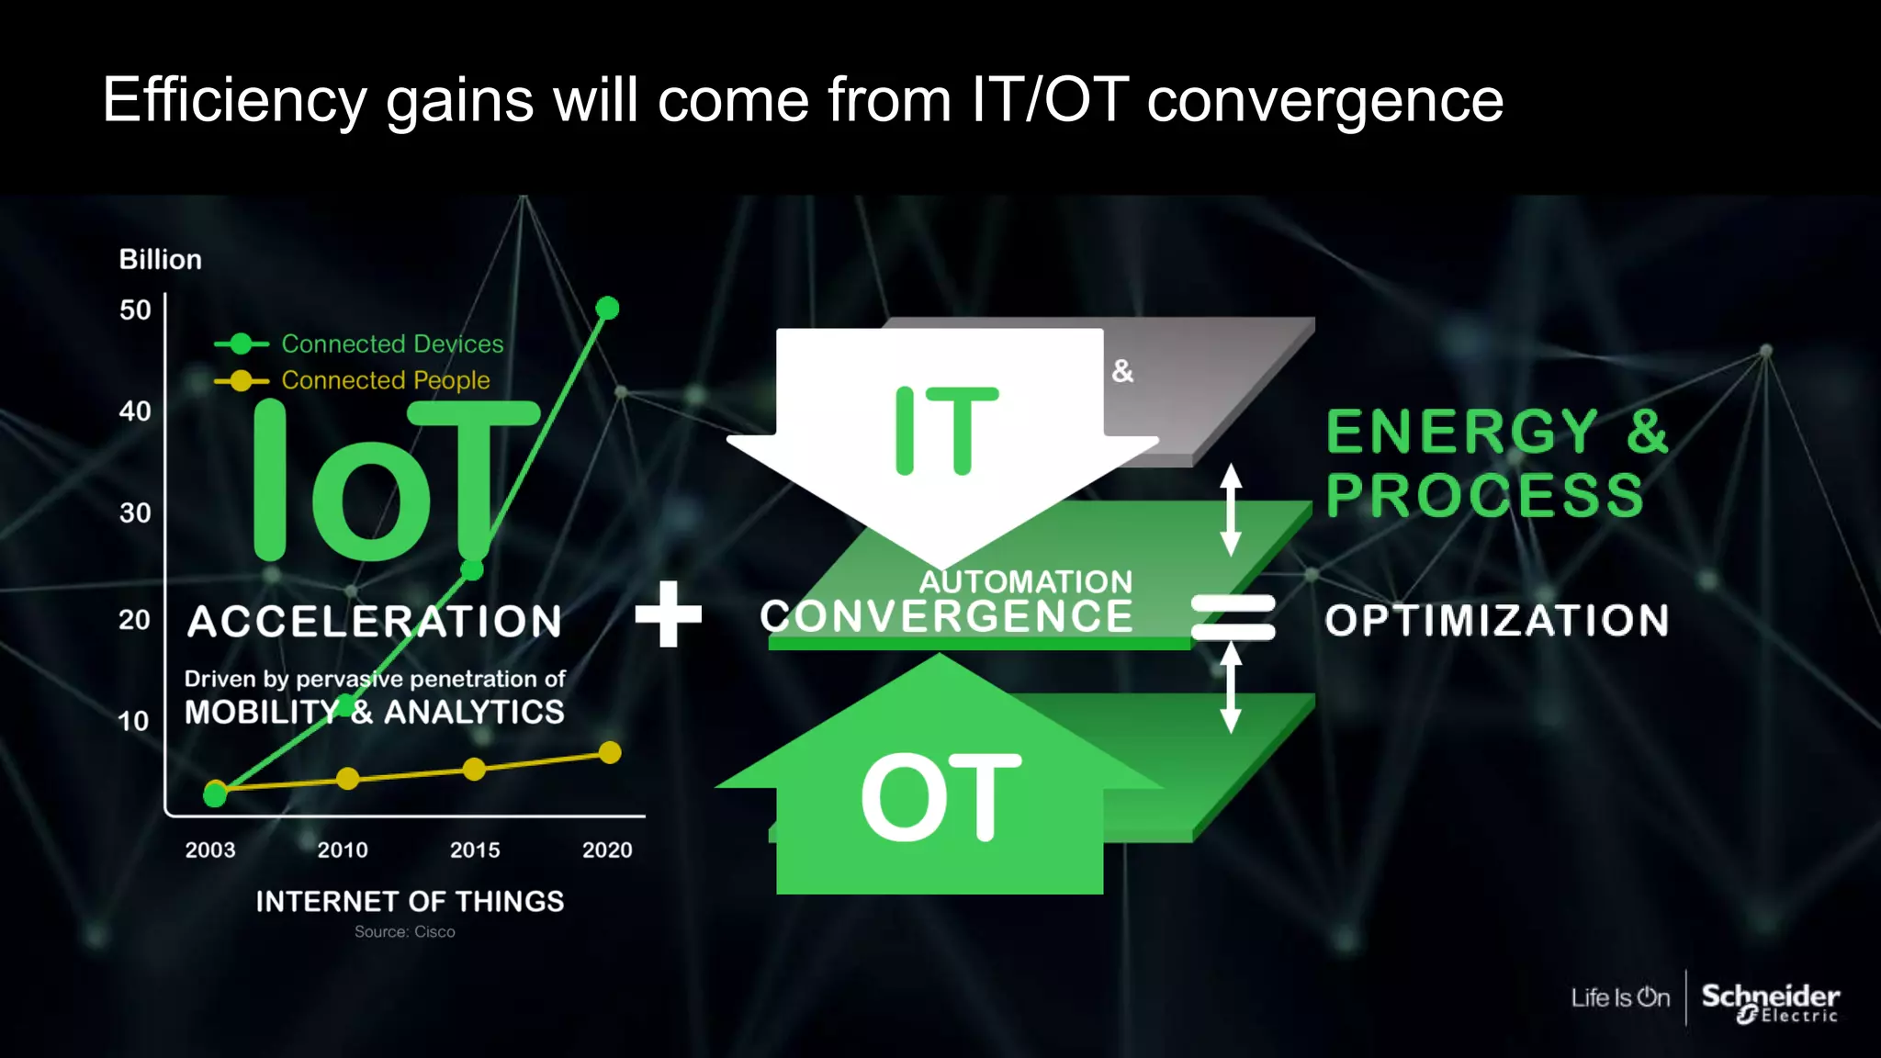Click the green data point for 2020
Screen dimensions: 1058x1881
(607, 309)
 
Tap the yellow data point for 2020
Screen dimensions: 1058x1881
(610, 753)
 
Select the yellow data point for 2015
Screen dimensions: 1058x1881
(474, 770)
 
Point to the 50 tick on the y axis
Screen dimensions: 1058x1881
(135, 310)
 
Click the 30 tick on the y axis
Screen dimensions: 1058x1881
(135, 512)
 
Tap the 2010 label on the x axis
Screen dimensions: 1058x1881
(343, 850)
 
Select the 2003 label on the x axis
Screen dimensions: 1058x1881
(210, 850)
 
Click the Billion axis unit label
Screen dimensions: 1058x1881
(160, 260)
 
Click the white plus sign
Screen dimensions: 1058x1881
(669, 613)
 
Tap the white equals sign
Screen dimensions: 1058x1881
(1233, 617)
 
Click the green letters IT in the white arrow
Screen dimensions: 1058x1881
(945, 431)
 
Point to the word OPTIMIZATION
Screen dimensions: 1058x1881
(1496, 621)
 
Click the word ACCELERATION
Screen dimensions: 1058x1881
(375, 622)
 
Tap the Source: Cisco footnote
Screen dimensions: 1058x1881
(405, 932)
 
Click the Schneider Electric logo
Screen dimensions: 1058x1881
(1770, 1001)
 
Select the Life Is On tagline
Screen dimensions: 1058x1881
(1620, 998)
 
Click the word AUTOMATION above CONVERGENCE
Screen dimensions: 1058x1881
(1026, 581)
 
